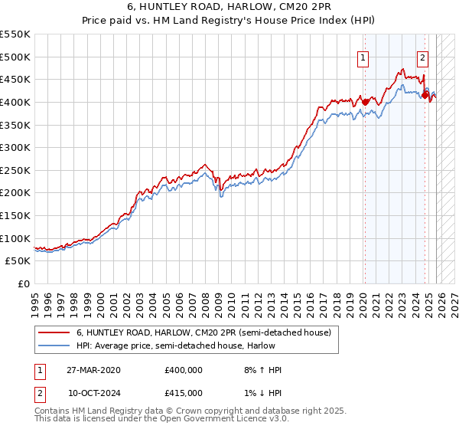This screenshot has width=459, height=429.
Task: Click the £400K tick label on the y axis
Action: pos(15,102)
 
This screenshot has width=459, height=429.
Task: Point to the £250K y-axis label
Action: pos(15,170)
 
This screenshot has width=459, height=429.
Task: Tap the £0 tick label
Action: pos(24,283)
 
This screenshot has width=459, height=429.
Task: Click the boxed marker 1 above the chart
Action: pos(363,56)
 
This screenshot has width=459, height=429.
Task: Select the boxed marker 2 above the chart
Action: pos(423,56)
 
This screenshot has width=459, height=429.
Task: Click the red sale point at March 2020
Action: pos(365,102)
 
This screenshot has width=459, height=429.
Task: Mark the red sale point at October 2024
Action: pos(425,95)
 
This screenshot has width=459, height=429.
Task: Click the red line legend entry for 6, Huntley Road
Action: pos(203,332)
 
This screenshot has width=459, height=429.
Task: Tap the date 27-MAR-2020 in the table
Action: pos(93,370)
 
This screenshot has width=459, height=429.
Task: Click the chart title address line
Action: pos(229,8)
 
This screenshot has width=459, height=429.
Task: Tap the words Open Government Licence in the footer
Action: pos(217,420)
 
